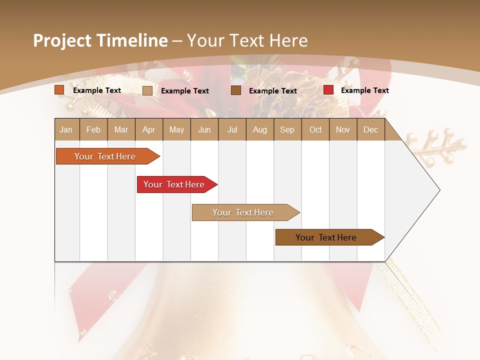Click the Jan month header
click(66, 129)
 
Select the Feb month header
click(93, 129)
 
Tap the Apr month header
click(149, 129)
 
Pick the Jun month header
click(204, 129)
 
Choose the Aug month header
click(260, 129)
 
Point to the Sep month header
click(287, 129)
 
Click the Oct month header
click(315, 129)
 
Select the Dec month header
click(371, 129)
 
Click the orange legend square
click(59, 90)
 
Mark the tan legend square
click(147, 90)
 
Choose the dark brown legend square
click(236, 90)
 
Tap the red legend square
click(328, 90)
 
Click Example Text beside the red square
click(364, 90)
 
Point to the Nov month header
click(343, 129)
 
